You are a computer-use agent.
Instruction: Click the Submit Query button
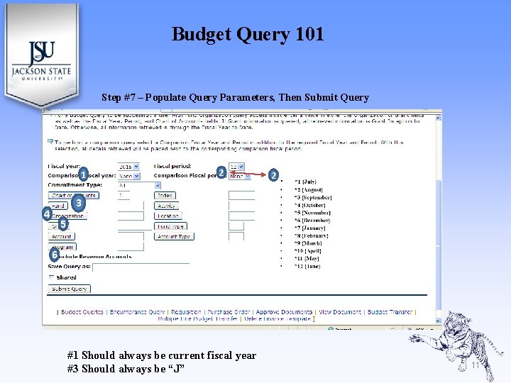[70, 289]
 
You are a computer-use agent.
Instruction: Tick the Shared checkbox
[51, 277]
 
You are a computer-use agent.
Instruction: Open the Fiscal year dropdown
[130, 166]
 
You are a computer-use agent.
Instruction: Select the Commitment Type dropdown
[138, 185]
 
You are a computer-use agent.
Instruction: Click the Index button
[165, 195]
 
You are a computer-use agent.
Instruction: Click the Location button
[168, 216]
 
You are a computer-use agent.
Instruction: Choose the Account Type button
[174, 236]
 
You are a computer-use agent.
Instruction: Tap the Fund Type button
[170, 226]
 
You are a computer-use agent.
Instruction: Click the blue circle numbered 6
[54, 254]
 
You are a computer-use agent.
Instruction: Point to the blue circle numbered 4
[46, 213]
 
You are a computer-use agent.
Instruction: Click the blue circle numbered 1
[83, 174]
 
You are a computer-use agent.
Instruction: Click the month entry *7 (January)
[310, 228]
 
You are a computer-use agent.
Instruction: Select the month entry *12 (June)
[307, 266]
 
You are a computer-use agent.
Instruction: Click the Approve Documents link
[284, 311]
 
